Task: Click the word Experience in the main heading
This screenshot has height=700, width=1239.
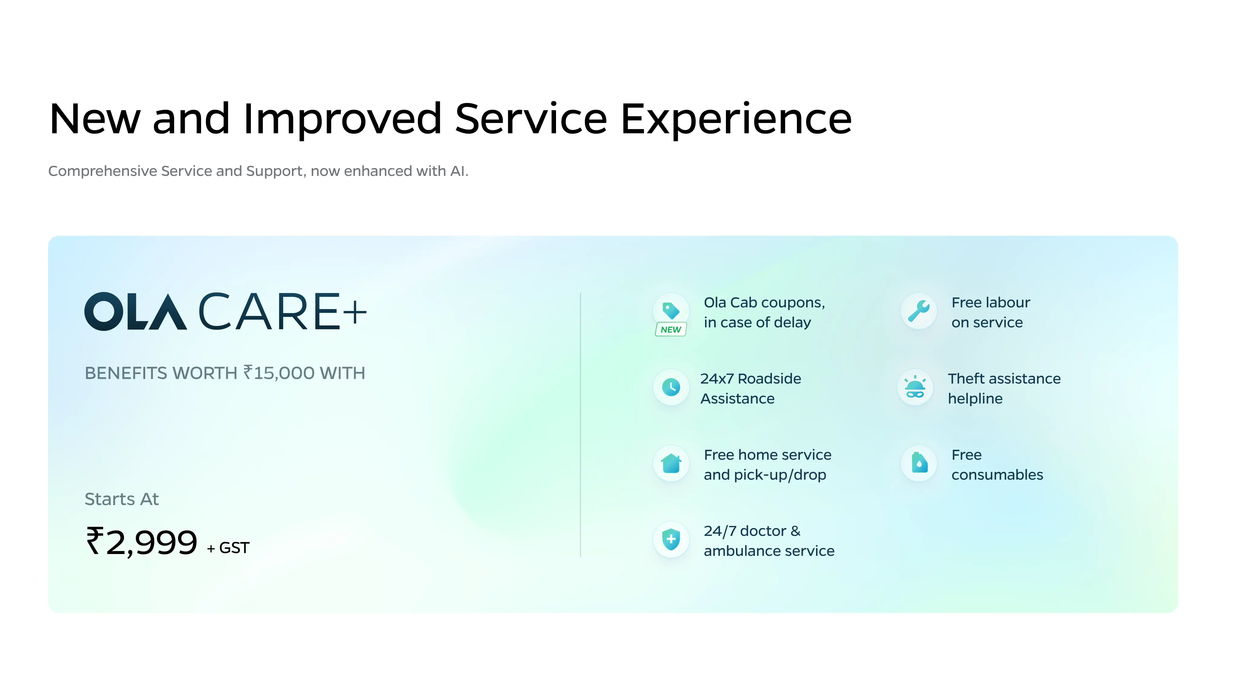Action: click(x=736, y=119)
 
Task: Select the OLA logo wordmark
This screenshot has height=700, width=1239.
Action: click(x=136, y=312)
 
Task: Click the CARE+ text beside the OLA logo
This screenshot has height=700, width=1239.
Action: click(x=282, y=312)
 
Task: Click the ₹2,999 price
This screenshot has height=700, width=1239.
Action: click(x=141, y=542)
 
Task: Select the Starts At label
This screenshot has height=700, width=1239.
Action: click(x=122, y=499)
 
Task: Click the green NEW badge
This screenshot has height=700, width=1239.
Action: click(x=671, y=329)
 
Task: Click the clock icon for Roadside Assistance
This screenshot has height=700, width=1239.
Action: click(x=671, y=387)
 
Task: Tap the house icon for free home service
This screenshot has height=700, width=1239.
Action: click(x=671, y=463)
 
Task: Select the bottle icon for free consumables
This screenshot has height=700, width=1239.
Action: click(x=919, y=463)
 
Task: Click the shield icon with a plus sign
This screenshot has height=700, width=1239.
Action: click(x=671, y=540)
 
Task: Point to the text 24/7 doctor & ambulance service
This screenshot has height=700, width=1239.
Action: click(x=769, y=541)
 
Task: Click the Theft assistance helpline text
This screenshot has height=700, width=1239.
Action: click(x=1004, y=388)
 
